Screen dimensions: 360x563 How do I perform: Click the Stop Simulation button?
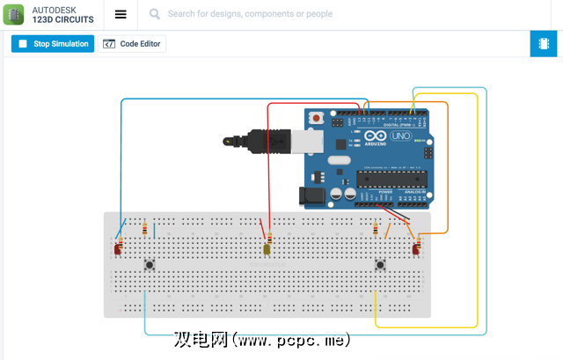52,44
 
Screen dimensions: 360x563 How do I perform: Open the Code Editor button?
132,44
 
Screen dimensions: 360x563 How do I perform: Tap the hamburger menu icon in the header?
121,14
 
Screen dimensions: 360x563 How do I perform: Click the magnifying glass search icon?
155,14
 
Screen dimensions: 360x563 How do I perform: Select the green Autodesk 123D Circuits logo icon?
14,14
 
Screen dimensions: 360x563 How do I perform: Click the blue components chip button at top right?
544,44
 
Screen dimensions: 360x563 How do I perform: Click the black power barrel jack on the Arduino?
312,196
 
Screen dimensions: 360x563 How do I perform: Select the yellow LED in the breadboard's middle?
267,250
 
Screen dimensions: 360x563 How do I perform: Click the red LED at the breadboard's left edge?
118,250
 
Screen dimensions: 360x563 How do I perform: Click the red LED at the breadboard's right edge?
416,250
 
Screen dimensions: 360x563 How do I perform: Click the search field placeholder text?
250,14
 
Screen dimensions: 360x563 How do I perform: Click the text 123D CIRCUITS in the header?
62,19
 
